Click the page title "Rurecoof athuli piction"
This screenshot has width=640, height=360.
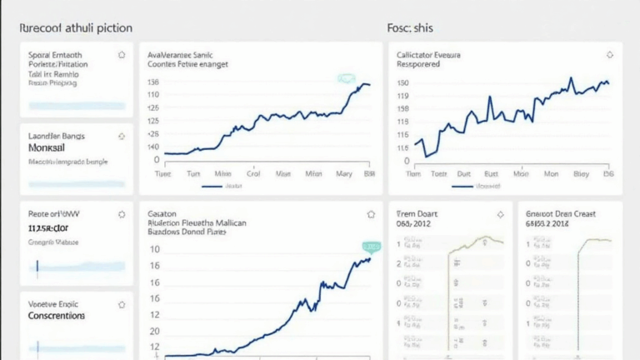(75, 27)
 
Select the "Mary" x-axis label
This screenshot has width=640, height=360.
(344, 175)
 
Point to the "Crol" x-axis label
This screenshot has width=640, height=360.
(254, 175)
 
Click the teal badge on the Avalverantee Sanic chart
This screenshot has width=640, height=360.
(346, 78)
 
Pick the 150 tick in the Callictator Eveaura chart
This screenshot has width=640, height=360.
(403, 83)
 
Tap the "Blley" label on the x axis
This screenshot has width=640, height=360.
(582, 175)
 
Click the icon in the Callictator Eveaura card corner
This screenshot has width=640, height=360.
(607, 55)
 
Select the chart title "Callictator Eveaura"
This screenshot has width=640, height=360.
(430, 54)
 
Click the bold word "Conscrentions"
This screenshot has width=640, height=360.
(56, 316)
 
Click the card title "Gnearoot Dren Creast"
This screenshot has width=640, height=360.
(561, 214)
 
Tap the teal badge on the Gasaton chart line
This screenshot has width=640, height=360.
(370, 247)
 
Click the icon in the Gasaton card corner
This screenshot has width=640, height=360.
(371, 214)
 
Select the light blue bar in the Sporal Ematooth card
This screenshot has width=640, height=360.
(77, 106)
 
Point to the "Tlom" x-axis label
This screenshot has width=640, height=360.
(412, 175)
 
